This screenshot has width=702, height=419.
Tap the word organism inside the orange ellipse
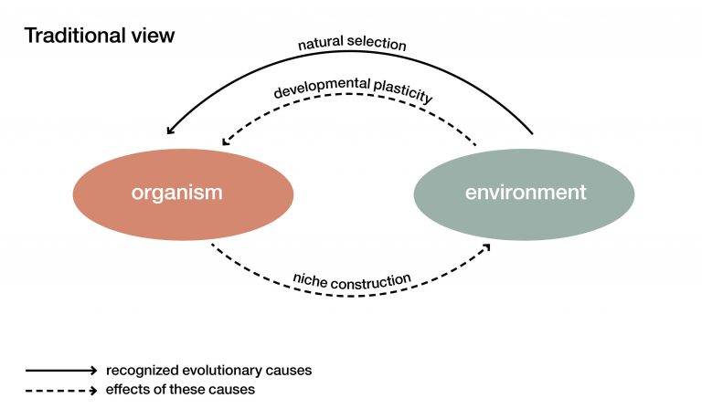tap(177, 193)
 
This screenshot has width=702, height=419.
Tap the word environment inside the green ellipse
tap(526, 193)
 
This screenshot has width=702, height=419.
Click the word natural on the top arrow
tap(320, 45)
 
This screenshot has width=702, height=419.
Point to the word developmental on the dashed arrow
tap(319, 89)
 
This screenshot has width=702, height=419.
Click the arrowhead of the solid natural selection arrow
tap(170, 132)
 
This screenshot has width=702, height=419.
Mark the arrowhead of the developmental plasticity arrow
tap(227, 142)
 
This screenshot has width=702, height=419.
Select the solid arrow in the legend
tap(60, 371)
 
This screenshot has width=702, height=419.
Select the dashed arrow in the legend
tap(60, 390)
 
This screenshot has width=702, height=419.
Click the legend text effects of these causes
tap(180, 390)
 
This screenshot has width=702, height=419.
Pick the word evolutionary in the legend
tap(216, 371)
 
